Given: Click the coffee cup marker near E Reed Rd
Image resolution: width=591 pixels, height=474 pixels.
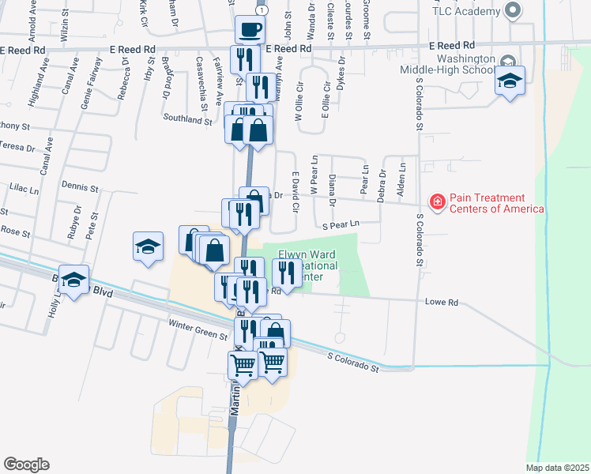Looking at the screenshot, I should [250, 30].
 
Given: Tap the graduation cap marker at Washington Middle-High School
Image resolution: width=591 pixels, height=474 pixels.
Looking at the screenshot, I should [510, 81].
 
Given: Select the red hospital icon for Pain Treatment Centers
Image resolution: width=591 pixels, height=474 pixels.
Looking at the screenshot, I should [436, 203].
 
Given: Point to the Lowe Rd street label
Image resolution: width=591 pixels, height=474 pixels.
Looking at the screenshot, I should [443, 303].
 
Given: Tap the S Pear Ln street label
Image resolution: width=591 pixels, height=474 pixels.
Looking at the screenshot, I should [341, 224].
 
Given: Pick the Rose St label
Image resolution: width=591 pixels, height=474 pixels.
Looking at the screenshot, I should [15, 233].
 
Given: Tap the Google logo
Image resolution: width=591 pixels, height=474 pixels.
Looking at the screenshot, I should [26, 465].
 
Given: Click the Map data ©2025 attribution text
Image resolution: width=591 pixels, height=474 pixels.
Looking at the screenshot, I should [558, 468].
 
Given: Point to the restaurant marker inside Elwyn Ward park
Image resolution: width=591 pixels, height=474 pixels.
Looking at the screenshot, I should [284, 273].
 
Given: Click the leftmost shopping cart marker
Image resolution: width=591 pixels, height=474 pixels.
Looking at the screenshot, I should [243, 364].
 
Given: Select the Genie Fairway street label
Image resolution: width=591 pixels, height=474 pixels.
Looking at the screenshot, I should [87, 79].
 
